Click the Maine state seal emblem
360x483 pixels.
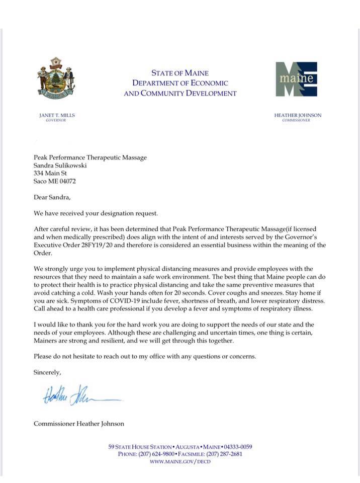coord(56,78)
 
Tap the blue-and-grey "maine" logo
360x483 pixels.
coord(296,79)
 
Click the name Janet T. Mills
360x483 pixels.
coord(56,115)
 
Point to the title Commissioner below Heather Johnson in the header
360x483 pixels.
coord(296,121)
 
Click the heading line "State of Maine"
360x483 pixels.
coord(179,73)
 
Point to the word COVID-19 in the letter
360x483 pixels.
coord(106,301)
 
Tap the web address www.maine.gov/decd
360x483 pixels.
coord(180,461)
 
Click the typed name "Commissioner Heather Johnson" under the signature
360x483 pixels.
coord(78,424)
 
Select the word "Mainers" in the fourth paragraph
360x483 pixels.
coord(46,341)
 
